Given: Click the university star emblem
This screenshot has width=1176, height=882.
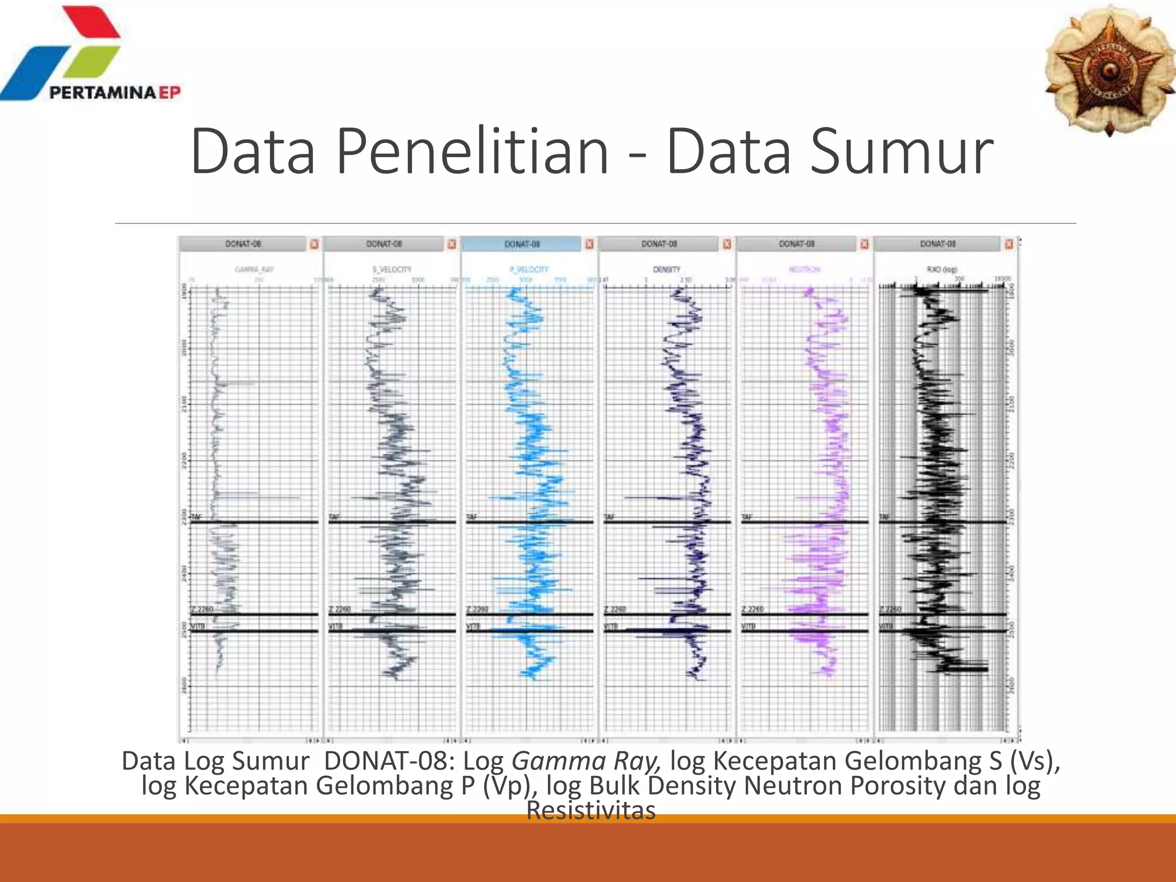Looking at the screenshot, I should click(1109, 70).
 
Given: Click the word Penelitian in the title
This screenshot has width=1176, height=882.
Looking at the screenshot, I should click(472, 152).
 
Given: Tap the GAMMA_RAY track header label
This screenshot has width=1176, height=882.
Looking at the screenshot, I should click(254, 269).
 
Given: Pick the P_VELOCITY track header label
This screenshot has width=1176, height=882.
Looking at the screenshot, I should click(529, 269).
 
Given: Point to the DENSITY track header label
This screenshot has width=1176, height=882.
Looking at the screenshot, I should click(666, 269).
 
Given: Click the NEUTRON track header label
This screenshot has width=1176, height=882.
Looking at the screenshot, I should click(804, 269).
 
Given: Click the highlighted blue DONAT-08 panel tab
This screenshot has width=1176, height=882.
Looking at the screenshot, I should click(522, 244).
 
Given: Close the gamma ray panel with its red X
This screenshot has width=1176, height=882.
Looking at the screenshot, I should click(314, 244).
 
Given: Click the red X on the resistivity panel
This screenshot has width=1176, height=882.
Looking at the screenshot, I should click(1009, 244).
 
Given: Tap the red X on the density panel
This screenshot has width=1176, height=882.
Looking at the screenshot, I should click(727, 244).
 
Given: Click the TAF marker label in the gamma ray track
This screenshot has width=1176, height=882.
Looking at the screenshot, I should click(196, 517).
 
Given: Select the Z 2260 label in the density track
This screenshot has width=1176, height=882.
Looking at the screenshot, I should click(615, 609).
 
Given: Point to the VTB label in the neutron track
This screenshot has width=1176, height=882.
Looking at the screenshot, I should click(748, 626).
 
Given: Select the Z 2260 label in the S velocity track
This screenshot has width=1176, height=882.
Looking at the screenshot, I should click(340, 609).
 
